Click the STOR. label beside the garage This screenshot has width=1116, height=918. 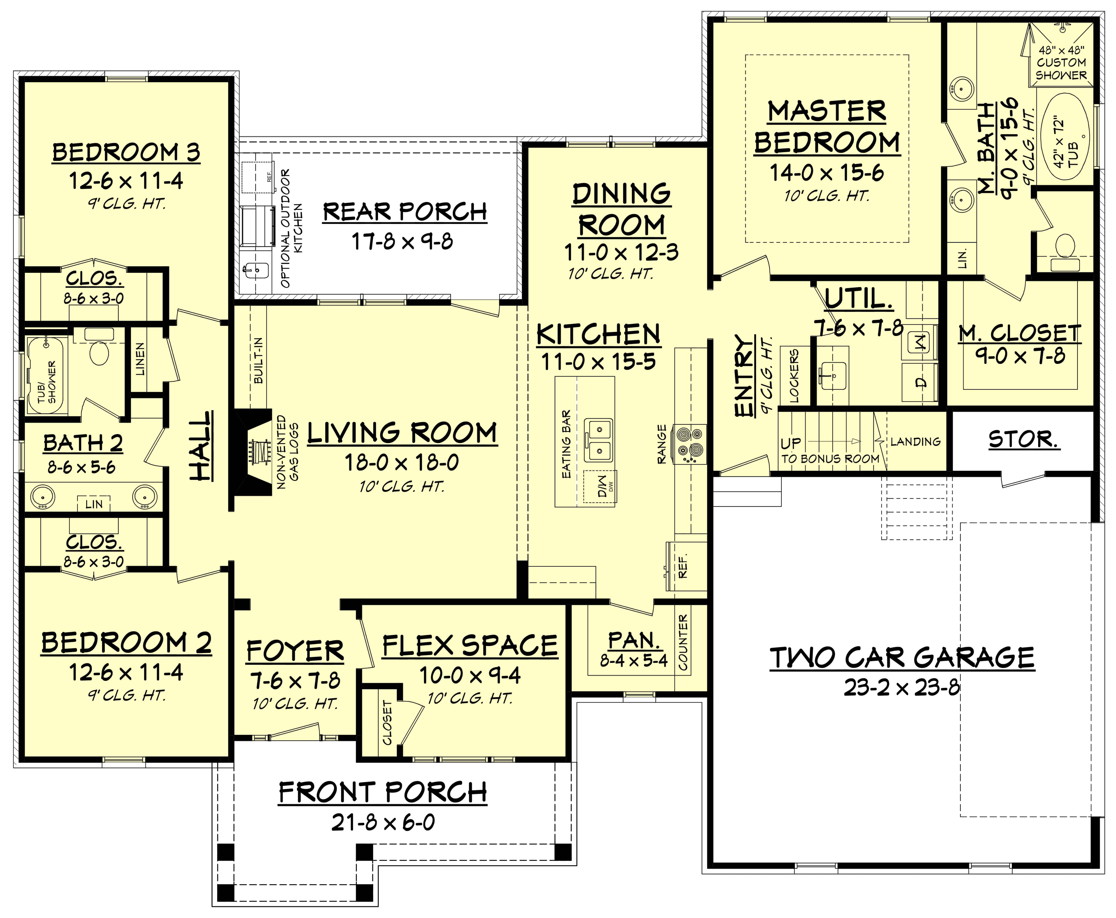(1023, 440)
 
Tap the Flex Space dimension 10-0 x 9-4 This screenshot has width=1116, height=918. (470, 675)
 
